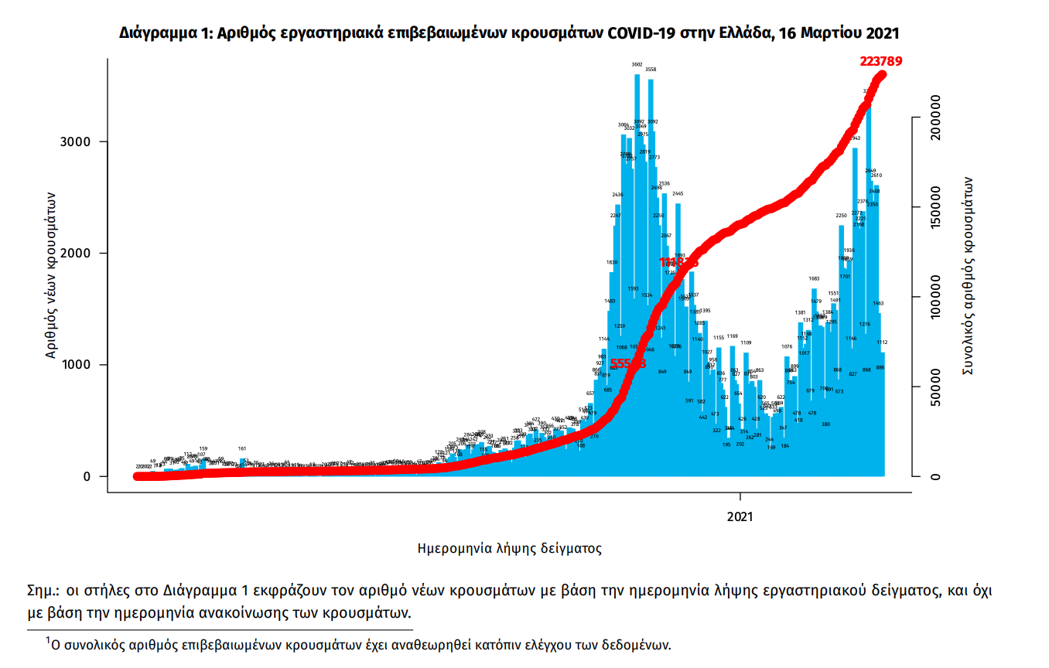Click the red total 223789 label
[881, 62]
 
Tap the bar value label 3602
[637, 65]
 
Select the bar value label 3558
[651, 70]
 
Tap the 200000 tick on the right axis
[935, 118]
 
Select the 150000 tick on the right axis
[935, 208]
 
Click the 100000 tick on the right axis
[935, 298]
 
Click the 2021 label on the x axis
[740, 516]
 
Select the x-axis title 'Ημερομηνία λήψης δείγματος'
[509, 549]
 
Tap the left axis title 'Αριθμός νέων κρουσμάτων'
[52, 274]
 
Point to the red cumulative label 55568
[628, 363]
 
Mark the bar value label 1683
[814, 278]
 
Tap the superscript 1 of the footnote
[47, 639]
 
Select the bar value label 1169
[732, 336]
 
